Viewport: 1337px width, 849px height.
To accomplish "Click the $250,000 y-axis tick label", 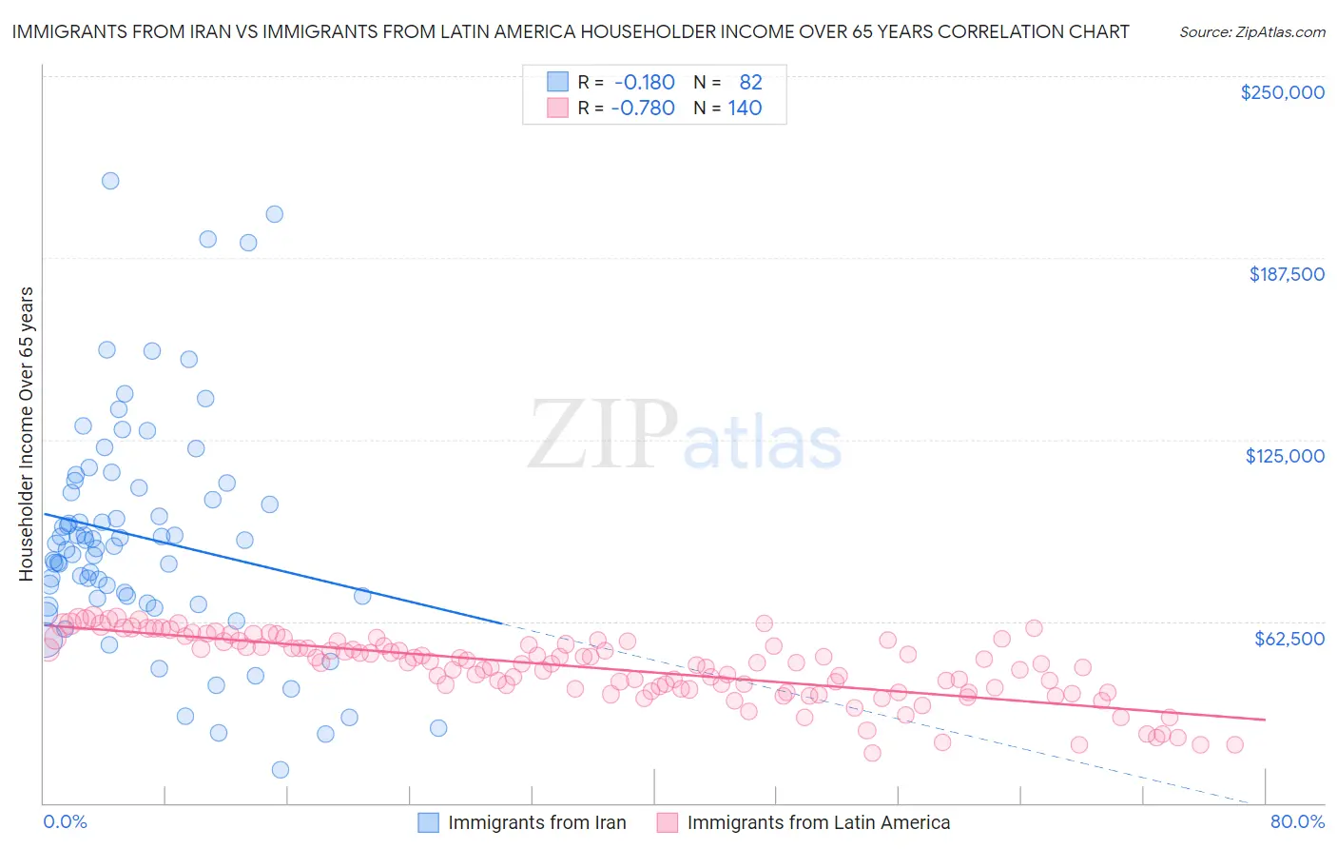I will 1282,92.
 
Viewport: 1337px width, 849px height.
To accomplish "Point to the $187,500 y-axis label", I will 1287,274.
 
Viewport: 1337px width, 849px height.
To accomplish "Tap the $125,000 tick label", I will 1285,456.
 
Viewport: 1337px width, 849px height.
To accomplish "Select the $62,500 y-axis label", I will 1289,639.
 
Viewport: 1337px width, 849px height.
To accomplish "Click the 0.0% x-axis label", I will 65,821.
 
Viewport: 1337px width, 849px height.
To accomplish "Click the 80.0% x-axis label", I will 1297,821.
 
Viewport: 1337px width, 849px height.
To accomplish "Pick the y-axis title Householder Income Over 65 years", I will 27,434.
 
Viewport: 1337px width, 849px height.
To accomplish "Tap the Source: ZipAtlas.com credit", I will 1251,32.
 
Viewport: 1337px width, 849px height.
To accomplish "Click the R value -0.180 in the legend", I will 644,83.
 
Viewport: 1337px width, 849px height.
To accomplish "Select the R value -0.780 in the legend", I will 643,109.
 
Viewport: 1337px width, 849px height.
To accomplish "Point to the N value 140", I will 745,109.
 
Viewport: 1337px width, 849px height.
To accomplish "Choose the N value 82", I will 750,83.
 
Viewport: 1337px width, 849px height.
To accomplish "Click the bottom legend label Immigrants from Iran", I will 536,823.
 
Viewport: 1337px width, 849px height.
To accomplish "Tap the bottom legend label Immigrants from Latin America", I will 818,823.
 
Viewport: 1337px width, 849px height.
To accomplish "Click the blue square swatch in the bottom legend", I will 428,822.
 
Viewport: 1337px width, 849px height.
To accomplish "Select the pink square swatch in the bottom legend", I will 667,822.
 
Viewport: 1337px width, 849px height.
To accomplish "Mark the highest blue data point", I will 110,181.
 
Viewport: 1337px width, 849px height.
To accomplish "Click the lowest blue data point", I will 281,770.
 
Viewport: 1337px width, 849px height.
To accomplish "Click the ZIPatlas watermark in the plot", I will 685,436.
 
